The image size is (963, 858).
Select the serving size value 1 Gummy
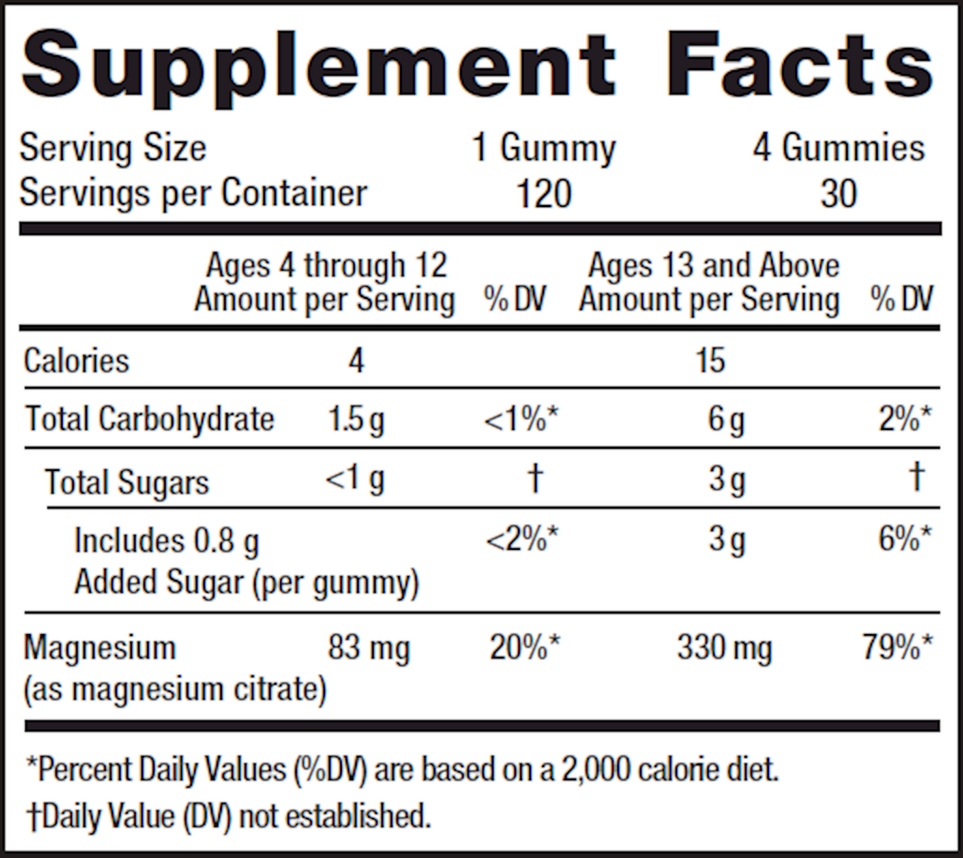tap(544, 148)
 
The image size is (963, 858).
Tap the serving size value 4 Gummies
tap(839, 148)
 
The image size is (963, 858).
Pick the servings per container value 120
tap(544, 194)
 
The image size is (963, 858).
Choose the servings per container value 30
tap(838, 194)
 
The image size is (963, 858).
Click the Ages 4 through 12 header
tap(327, 265)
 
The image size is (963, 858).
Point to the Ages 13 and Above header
tap(713, 265)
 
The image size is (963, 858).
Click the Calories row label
tap(77, 361)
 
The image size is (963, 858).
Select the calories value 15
tap(710, 361)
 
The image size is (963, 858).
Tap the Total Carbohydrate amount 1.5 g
tap(357, 420)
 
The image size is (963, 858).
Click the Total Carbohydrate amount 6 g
tap(726, 420)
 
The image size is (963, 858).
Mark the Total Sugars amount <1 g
tap(355, 480)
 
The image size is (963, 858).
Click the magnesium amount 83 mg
tap(369, 648)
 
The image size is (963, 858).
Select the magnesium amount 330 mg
tap(724, 648)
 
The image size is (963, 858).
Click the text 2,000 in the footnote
tap(595, 770)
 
